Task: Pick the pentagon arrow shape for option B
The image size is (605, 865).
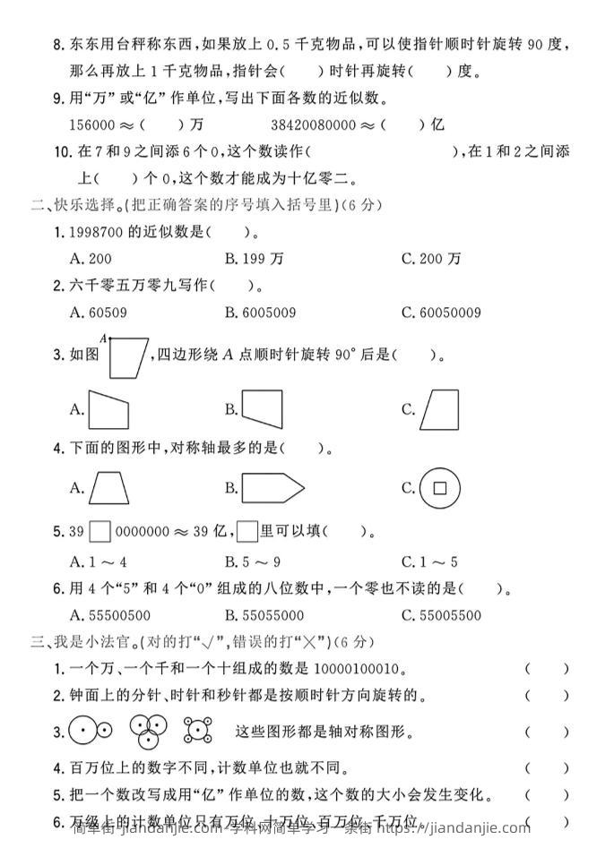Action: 272,488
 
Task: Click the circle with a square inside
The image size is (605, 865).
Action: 439,488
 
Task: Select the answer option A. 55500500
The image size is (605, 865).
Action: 108,615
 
